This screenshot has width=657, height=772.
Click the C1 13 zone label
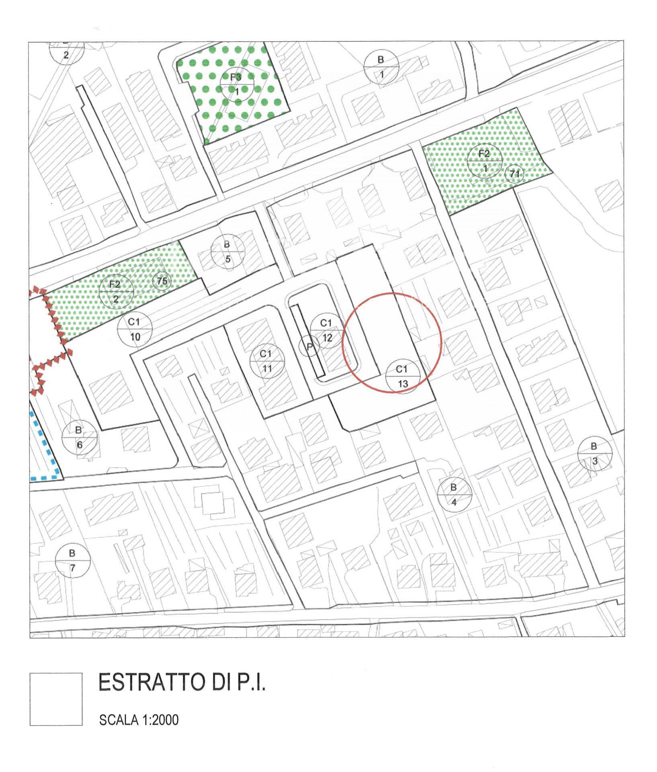click(403, 376)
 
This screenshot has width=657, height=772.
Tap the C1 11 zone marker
click(266, 361)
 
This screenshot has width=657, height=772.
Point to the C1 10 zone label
click(135, 329)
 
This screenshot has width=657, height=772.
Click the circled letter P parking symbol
click(309, 346)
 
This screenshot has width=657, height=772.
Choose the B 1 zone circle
click(381, 67)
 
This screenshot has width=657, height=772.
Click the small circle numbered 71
click(514, 174)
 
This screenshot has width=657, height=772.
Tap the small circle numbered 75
click(162, 281)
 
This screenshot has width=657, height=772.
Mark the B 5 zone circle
click(227, 252)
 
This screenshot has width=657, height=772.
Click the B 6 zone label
click(79, 437)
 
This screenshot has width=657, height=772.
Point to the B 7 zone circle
click(72, 561)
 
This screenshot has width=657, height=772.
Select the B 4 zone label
click(454, 495)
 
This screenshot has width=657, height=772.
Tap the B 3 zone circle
click(594, 454)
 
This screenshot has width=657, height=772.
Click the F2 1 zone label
click(485, 161)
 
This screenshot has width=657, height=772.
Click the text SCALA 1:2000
click(139, 719)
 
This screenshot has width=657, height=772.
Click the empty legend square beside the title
click(56, 699)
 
